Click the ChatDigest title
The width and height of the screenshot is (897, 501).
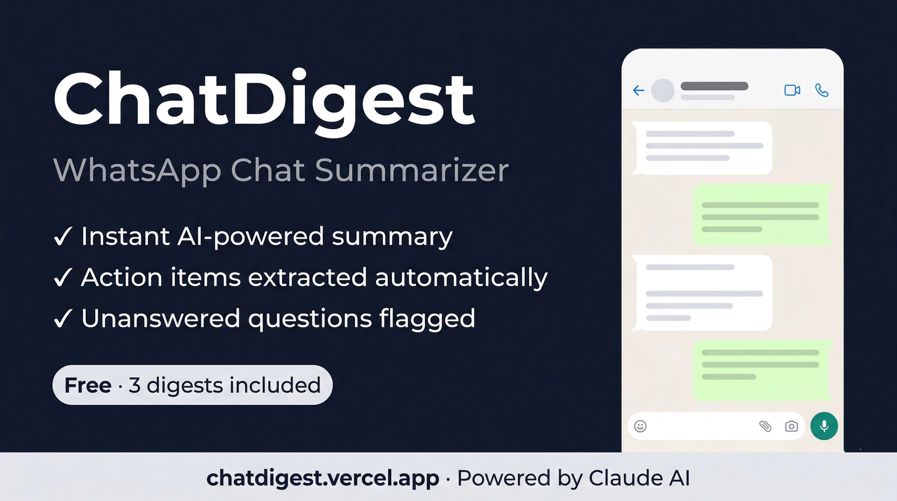pyautogui.click(x=264, y=99)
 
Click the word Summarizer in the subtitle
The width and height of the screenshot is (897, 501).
pyautogui.click(x=412, y=171)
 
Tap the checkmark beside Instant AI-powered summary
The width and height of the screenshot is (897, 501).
pyautogui.click(x=63, y=236)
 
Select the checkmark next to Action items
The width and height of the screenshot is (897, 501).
pyautogui.click(x=63, y=278)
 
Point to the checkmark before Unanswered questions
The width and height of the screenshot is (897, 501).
pyautogui.click(x=63, y=319)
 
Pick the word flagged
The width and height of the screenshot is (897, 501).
pyautogui.click(x=427, y=319)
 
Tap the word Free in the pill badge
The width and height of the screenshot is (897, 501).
pyautogui.click(x=88, y=385)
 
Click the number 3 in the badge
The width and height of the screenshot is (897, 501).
pyautogui.click(x=134, y=385)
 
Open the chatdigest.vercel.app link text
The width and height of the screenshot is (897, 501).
pyautogui.click(x=322, y=478)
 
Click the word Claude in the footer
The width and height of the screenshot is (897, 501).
pyautogui.click(x=625, y=478)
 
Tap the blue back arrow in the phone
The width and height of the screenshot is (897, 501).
pyautogui.click(x=639, y=91)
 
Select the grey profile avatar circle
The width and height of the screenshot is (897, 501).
pyautogui.click(x=663, y=91)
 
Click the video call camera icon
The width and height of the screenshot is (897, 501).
pyautogui.click(x=792, y=90)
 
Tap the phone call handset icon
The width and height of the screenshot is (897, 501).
pyautogui.click(x=822, y=90)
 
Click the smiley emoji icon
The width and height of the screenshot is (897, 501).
pyautogui.click(x=640, y=426)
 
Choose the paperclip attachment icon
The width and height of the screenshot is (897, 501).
pyautogui.click(x=765, y=426)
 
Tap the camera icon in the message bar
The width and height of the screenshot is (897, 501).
pyautogui.click(x=791, y=426)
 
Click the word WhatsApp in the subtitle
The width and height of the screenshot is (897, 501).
pyautogui.click(x=137, y=171)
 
